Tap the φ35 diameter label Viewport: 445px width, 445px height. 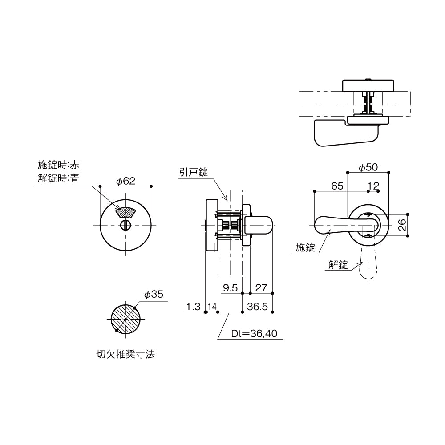pyautogui.click(x=154, y=295)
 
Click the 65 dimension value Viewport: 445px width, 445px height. pyautogui.click(x=336, y=186)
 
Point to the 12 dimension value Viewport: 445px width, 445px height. pyautogui.click(x=373, y=186)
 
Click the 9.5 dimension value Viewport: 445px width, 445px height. pyautogui.click(x=231, y=288)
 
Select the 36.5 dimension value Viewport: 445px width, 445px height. pyautogui.click(x=257, y=307)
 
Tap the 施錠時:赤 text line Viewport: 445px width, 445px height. pyautogui.click(x=58, y=165)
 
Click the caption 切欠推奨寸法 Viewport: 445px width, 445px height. pyautogui.click(x=125, y=355)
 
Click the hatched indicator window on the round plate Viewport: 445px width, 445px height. pyautogui.click(x=126, y=212)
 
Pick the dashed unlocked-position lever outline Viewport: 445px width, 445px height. pyautogui.click(x=369, y=267)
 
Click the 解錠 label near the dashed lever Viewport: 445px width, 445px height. pyautogui.click(x=338, y=265)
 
